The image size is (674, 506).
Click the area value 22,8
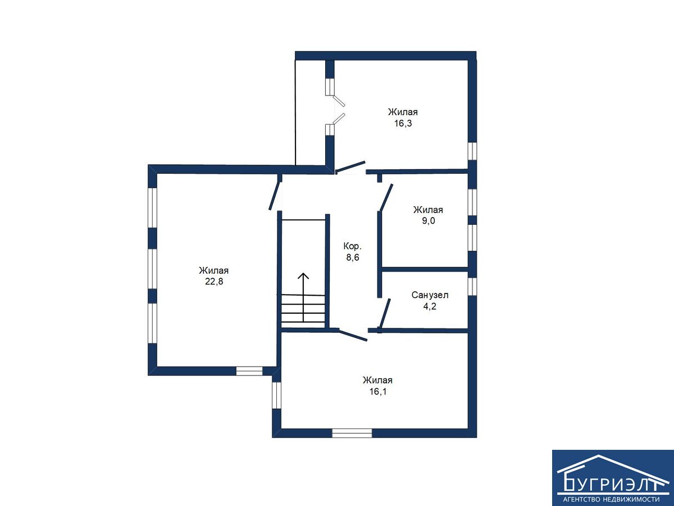(x=214, y=282)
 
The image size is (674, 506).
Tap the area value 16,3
(x=403, y=123)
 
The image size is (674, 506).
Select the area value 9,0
(x=429, y=220)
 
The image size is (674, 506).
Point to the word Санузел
(x=430, y=295)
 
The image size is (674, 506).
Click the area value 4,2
(x=430, y=306)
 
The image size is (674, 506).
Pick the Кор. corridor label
(x=353, y=246)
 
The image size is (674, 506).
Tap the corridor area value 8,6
(x=353, y=257)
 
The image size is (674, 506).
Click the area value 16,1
(x=377, y=391)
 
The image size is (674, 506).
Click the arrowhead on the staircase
(x=304, y=275)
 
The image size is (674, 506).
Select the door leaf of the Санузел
(x=385, y=313)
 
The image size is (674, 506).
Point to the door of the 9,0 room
(x=386, y=197)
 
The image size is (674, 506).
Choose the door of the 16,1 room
(x=353, y=335)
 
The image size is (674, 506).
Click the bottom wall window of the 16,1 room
(x=352, y=433)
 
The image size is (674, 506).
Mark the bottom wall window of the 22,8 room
(x=249, y=371)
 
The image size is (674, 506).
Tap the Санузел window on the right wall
(x=472, y=287)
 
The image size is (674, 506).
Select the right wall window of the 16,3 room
(x=472, y=151)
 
